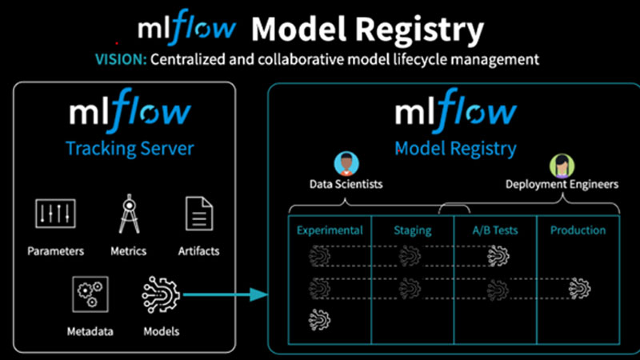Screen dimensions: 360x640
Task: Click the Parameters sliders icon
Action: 55,214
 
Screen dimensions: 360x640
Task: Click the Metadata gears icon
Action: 89,294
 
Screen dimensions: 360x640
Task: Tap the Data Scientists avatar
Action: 346,166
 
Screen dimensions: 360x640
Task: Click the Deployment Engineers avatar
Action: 560,166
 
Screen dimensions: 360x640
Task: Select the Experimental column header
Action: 330,230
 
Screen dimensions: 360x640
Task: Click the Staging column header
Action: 412,230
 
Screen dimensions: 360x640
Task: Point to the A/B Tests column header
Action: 495,230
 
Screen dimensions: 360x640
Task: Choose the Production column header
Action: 578,230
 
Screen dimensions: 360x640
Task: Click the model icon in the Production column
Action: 579,286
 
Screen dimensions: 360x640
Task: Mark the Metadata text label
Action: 90,331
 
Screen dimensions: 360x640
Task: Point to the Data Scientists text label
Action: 346,185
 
